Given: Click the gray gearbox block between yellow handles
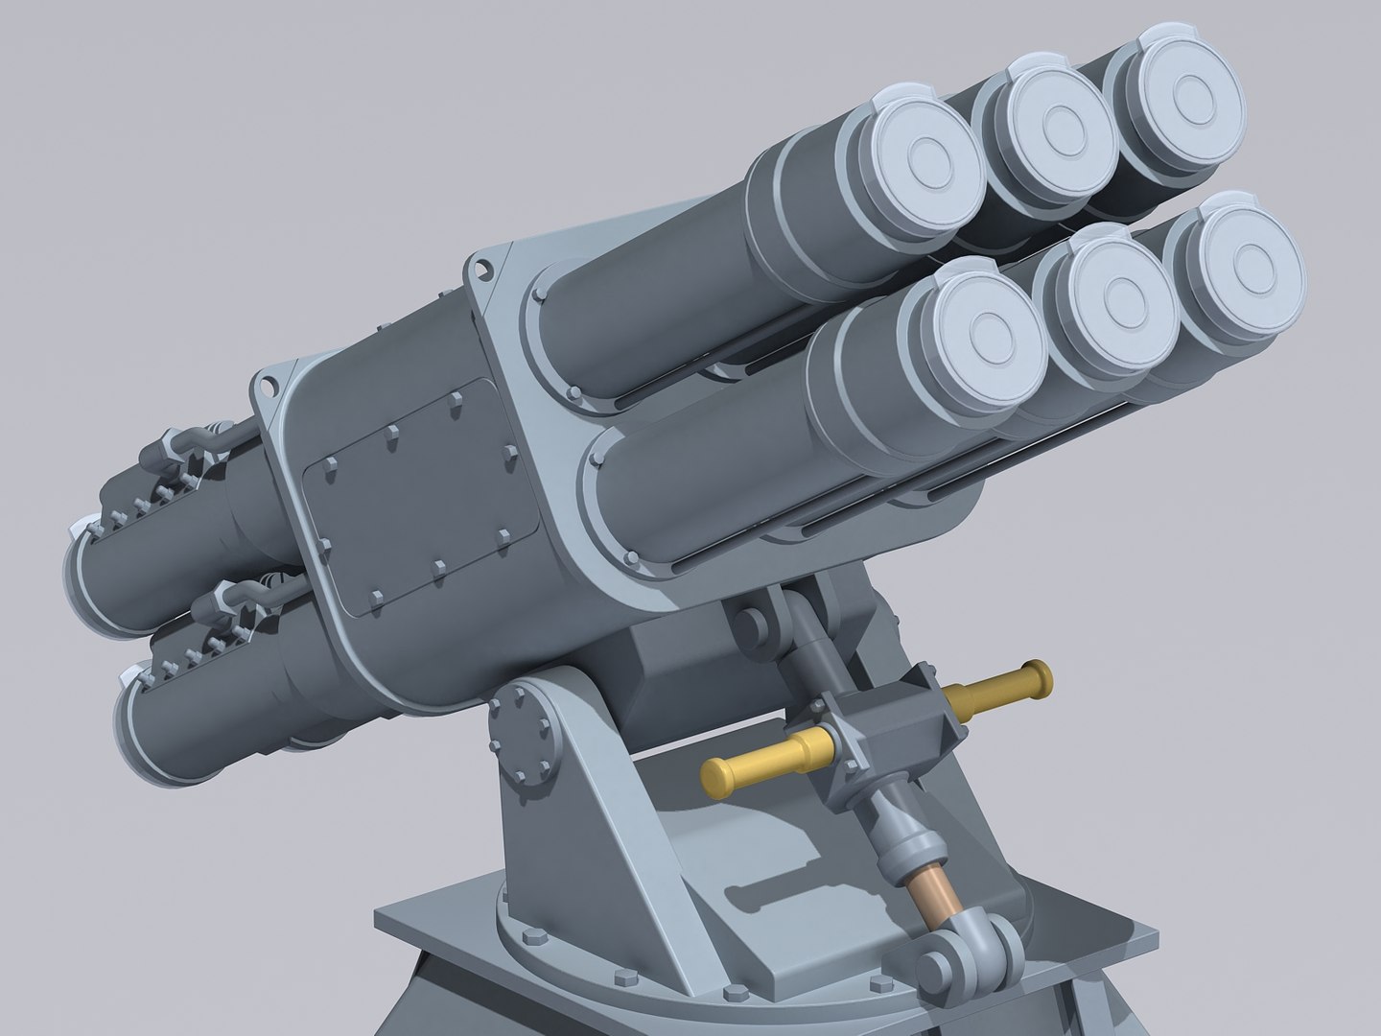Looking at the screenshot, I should [887, 723].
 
